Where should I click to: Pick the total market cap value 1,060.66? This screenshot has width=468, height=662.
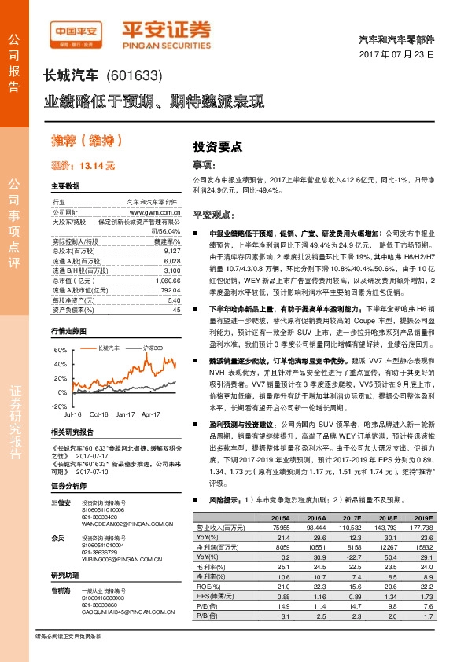coord(168,281)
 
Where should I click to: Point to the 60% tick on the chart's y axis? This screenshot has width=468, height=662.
coord(60,349)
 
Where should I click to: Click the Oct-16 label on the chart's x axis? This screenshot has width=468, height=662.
coord(99,412)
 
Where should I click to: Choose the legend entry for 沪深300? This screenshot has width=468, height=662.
coord(149,347)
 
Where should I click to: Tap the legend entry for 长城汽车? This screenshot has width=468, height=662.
coord(105,347)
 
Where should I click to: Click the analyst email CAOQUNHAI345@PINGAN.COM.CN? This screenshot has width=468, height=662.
coord(131,611)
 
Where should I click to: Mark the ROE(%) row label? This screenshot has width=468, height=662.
coord(206,584)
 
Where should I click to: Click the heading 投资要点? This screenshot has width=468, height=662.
coord(218,146)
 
